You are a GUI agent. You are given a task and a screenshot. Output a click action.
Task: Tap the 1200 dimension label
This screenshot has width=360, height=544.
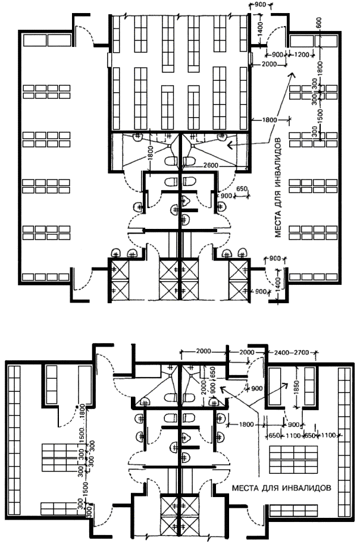point(302,55)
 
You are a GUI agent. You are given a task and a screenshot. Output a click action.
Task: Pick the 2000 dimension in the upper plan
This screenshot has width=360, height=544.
point(270,64)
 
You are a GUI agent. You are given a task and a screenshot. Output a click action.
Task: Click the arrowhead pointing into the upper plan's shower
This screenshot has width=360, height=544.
point(229,144)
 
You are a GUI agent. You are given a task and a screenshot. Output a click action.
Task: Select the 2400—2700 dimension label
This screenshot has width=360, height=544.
point(291,353)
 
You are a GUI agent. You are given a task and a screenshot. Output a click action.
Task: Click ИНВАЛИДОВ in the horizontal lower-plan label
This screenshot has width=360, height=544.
point(305,486)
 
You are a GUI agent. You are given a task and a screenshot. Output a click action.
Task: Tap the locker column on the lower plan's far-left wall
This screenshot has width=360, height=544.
point(14,440)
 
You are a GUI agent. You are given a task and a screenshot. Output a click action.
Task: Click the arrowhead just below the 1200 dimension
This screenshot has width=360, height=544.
point(292,76)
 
